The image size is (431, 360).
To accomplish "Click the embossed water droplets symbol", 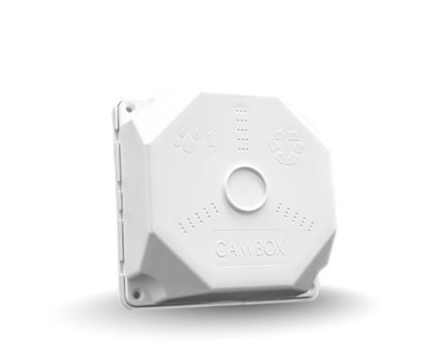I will pos(185,140).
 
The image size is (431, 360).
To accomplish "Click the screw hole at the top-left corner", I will pos(128,109).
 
